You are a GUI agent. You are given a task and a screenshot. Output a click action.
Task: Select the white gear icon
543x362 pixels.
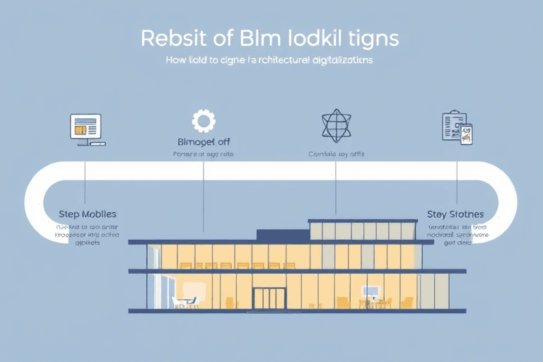(204, 121)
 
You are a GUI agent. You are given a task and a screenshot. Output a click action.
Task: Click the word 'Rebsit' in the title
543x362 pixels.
(169, 38)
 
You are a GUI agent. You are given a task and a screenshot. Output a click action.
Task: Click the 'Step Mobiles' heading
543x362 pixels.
(88, 214)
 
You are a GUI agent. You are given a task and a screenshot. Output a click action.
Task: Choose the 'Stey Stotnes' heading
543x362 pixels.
(456, 214)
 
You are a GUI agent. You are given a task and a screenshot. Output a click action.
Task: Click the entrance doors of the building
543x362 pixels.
(269, 298)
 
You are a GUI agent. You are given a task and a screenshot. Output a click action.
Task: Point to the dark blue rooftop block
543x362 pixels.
(281, 235)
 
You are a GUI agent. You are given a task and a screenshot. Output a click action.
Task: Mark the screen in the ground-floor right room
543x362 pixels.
(370, 291)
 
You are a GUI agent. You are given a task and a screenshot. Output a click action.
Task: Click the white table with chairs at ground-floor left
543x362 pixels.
(185, 301)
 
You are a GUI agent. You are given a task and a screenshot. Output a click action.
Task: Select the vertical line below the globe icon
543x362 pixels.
(335, 187)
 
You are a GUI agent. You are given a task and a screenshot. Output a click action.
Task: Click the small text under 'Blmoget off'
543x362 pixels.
(204, 153)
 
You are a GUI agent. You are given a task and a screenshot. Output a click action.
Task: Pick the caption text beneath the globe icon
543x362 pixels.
(336, 153)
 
